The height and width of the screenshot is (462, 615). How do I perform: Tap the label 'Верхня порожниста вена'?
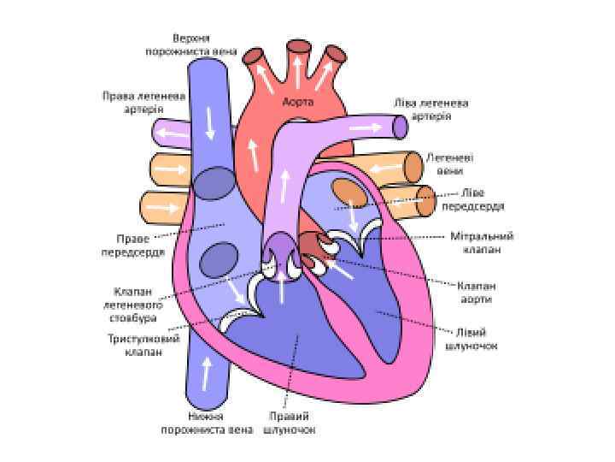click(190, 44)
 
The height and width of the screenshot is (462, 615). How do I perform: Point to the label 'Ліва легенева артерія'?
click(430, 109)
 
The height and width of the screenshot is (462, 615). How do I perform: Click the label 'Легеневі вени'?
click(450, 164)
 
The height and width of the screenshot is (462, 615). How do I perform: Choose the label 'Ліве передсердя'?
click(472, 198)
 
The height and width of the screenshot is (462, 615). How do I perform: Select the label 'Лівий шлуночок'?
click(471, 340)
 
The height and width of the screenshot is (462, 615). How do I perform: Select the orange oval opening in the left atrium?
click(348, 192)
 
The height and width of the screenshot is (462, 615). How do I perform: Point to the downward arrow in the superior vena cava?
click(209, 125)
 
